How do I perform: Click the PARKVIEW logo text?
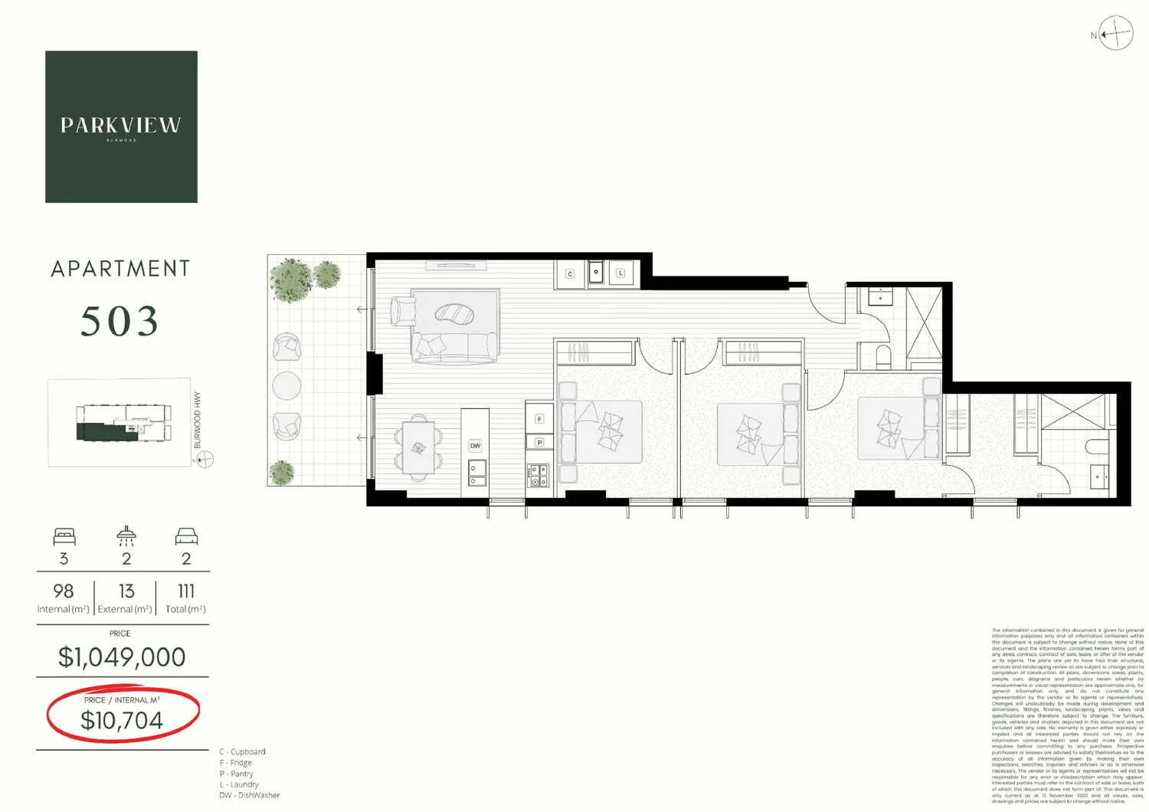pyautogui.click(x=121, y=126)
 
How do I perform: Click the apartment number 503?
pyautogui.click(x=120, y=322)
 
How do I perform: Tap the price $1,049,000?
pyautogui.click(x=122, y=657)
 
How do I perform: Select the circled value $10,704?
pyautogui.click(x=122, y=720)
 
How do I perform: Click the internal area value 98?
pyautogui.click(x=64, y=591)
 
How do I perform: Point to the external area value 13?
pyautogui.click(x=126, y=591)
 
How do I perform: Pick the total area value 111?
pyautogui.click(x=186, y=591)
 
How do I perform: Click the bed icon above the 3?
pyautogui.click(x=64, y=536)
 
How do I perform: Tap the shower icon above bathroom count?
pyautogui.click(x=126, y=535)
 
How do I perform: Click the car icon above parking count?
pyautogui.click(x=186, y=536)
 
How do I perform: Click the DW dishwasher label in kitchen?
pyautogui.click(x=475, y=446)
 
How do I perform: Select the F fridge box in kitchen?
pyautogui.click(x=539, y=419)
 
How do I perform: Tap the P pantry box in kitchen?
pyautogui.click(x=539, y=442)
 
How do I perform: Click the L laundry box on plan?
pyautogui.click(x=620, y=273)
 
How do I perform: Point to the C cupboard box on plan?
pyautogui.click(x=570, y=273)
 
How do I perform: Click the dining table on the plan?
pyautogui.click(x=418, y=448)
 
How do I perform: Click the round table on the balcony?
pyautogui.click(x=286, y=385)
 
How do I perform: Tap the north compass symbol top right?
pyautogui.click(x=1115, y=34)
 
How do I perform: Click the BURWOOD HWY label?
pyautogui.click(x=198, y=420)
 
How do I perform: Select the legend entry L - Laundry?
pyautogui.click(x=239, y=784)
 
